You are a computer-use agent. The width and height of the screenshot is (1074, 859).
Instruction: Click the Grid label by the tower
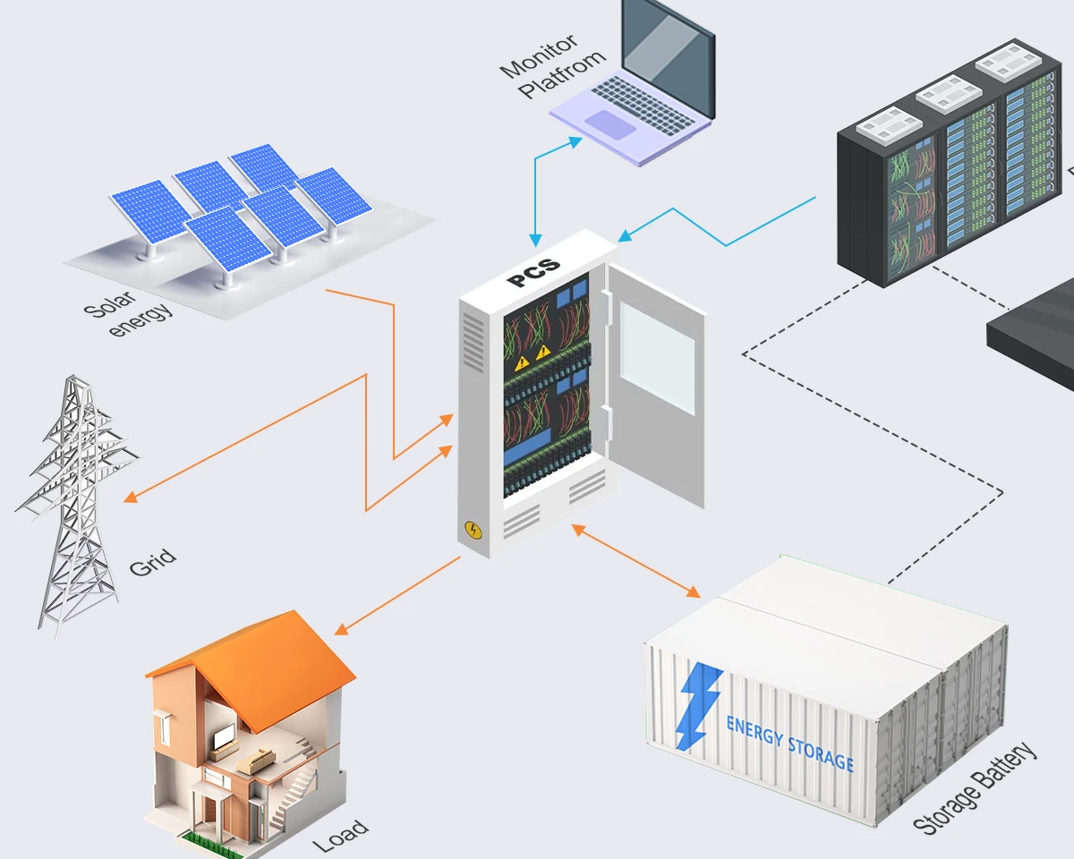tap(153, 563)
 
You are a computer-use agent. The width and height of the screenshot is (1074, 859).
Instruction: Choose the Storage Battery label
tap(976, 788)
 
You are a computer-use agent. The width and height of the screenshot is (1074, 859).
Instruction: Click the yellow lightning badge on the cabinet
tap(473, 531)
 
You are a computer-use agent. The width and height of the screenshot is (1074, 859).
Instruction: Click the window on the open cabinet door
tap(658, 357)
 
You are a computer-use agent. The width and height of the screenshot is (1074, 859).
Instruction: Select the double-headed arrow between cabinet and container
tap(636, 561)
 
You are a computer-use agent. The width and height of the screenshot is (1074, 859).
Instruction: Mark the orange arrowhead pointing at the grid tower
tap(130, 497)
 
